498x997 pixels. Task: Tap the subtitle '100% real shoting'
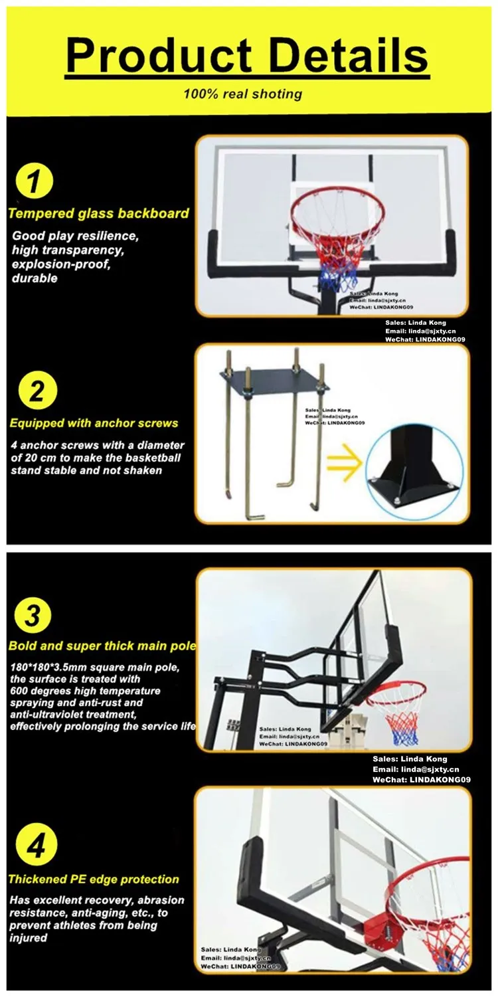click(x=243, y=94)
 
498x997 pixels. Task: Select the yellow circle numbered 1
click(x=35, y=181)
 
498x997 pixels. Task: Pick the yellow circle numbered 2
click(x=37, y=391)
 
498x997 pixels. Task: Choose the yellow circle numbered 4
click(x=36, y=845)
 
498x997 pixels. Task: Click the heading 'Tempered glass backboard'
click(x=98, y=214)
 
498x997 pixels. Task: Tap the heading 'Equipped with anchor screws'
click(x=94, y=423)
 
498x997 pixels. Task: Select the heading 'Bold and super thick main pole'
click(x=102, y=646)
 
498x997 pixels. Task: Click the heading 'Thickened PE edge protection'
click(x=94, y=879)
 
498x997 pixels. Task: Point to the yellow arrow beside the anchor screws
click(x=343, y=464)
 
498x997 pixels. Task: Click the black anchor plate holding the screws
click(x=275, y=379)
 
